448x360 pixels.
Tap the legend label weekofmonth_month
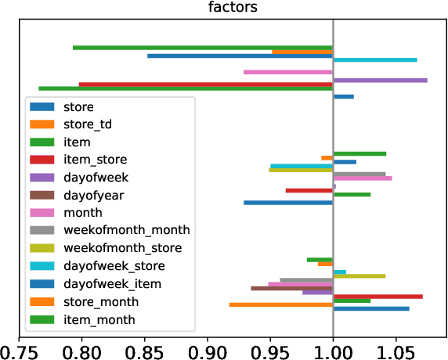coord(126,230)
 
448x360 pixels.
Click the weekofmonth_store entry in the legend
coord(122,248)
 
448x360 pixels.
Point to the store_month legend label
coord(100,301)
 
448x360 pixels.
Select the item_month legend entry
coord(99,319)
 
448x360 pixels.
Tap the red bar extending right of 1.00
coord(378,296)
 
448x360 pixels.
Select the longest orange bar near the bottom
coord(280,304)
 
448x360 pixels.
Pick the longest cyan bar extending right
coord(375,59)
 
